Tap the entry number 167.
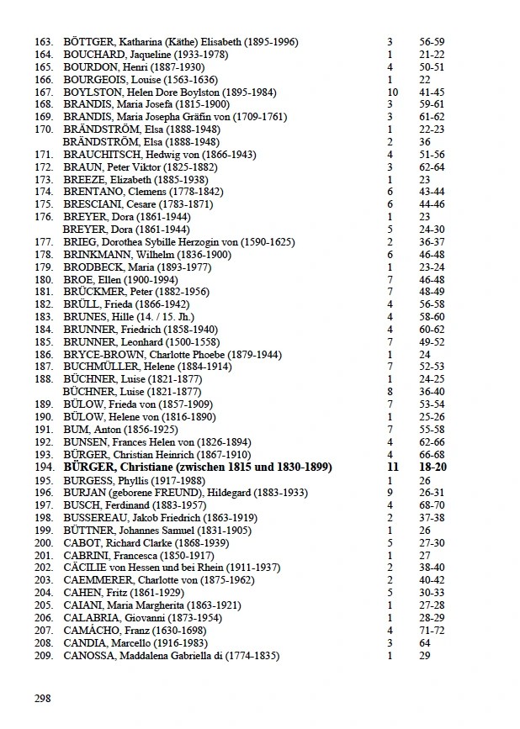point(44,92)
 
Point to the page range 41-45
point(432,92)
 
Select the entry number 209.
point(44,656)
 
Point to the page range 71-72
point(432,631)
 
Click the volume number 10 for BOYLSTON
point(390,92)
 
